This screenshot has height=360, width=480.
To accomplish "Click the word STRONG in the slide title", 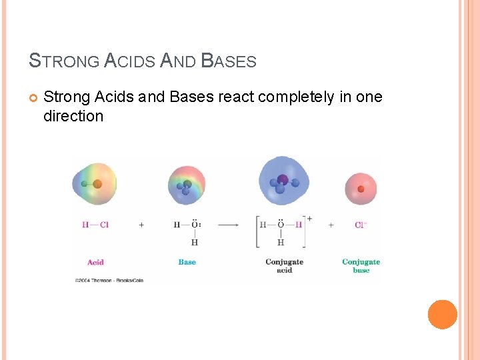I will click(65, 61).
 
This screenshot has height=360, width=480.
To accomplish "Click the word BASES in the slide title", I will click(229, 61).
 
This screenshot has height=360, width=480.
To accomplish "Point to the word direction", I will click(73, 117).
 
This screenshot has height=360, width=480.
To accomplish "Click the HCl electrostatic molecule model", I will click(94, 184).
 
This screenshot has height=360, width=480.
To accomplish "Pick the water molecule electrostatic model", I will click(186, 185).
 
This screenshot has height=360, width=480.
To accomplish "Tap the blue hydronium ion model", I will click(283, 181).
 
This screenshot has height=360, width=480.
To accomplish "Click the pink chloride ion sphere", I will click(361, 188).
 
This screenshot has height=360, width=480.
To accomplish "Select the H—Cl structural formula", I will click(95, 225).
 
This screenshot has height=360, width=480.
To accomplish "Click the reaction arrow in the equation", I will click(228, 225).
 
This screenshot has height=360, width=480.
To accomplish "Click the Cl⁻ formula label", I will click(361, 225).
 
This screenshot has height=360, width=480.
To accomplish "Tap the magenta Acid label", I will click(95, 262).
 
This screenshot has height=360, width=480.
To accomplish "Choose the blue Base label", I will click(187, 262).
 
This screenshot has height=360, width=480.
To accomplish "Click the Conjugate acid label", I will click(284, 266).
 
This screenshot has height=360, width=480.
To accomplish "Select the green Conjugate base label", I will click(361, 266).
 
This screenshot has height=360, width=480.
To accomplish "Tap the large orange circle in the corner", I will click(442, 314).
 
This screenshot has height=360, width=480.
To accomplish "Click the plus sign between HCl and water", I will click(141, 225).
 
